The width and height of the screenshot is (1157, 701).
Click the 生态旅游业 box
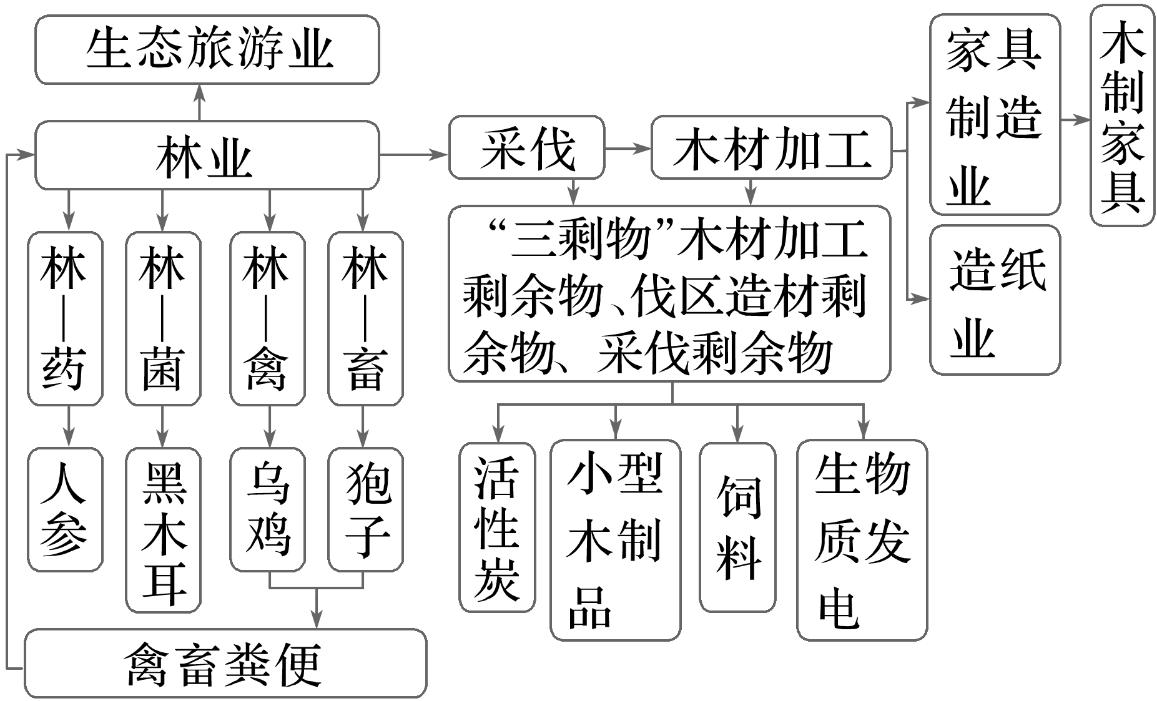click(207, 50)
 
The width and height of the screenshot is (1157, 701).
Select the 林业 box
click(207, 155)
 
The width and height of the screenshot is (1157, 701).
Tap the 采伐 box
click(526, 147)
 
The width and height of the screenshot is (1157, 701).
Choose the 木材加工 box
click(771, 147)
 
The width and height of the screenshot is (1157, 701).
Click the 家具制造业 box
click(994, 115)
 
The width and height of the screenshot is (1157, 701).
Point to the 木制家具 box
click(1122, 115)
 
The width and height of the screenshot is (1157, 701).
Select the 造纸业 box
click(994, 300)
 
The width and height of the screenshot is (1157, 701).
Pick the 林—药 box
click(65, 318)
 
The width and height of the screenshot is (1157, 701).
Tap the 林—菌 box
click(163, 318)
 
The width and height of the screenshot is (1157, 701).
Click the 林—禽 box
click(267, 318)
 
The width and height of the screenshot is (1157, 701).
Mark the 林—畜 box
click(365, 318)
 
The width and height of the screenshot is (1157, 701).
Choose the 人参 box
click(65, 509)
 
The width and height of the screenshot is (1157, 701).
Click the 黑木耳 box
click(163, 530)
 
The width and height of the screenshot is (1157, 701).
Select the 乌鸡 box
click(267, 509)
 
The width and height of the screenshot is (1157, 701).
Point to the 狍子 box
click(365, 509)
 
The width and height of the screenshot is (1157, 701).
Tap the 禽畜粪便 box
click(225, 663)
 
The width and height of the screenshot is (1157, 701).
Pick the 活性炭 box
click(497, 527)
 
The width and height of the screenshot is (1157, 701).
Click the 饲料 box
click(737, 527)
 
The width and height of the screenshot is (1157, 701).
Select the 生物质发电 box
click(862, 540)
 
